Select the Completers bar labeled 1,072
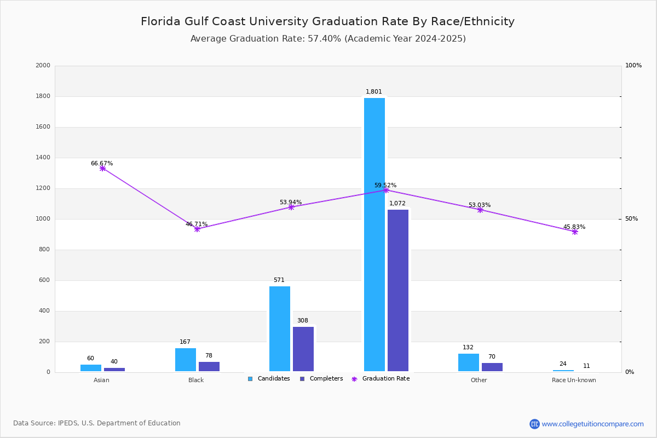point(398,290)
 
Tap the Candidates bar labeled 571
point(280,328)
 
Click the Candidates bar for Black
point(186,360)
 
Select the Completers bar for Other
point(492,367)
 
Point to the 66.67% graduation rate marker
point(102,169)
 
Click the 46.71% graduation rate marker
point(197,229)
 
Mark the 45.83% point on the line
point(575,232)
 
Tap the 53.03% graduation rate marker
point(480,210)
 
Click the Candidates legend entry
point(269,379)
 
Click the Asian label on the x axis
point(101,380)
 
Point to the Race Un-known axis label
point(574,380)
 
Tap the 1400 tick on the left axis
point(43,158)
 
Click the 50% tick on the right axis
point(631,219)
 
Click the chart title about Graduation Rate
point(327,22)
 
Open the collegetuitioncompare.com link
point(592,424)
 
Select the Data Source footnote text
point(97,423)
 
